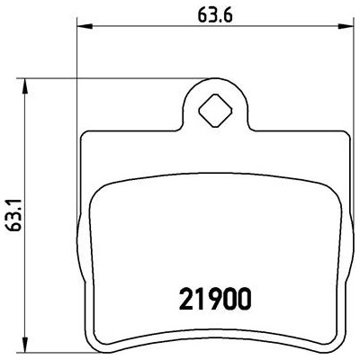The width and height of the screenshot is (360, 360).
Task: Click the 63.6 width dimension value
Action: pyautogui.click(x=215, y=16)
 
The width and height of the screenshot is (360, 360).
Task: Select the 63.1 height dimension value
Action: pyautogui.click(x=13, y=214)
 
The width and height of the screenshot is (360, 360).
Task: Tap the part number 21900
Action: pyautogui.click(x=214, y=299)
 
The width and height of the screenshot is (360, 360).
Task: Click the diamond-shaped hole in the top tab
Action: pyautogui.click(x=216, y=110)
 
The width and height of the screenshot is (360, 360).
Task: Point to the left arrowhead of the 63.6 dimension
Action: pyautogui.click(x=84, y=26)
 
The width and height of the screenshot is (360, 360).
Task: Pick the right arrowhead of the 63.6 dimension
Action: pyautogui.click(x=346, y=26)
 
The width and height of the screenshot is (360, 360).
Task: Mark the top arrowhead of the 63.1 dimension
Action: pyautogui.click(x=25, y=85)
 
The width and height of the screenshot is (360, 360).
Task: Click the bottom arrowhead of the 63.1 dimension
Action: pyautogui.click(x=25, y=345)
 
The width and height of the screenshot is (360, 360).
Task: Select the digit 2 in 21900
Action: pyautogui.click(x=185, y=299)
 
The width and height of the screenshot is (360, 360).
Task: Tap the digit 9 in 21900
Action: pyautogui.click(x=213, y=299)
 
